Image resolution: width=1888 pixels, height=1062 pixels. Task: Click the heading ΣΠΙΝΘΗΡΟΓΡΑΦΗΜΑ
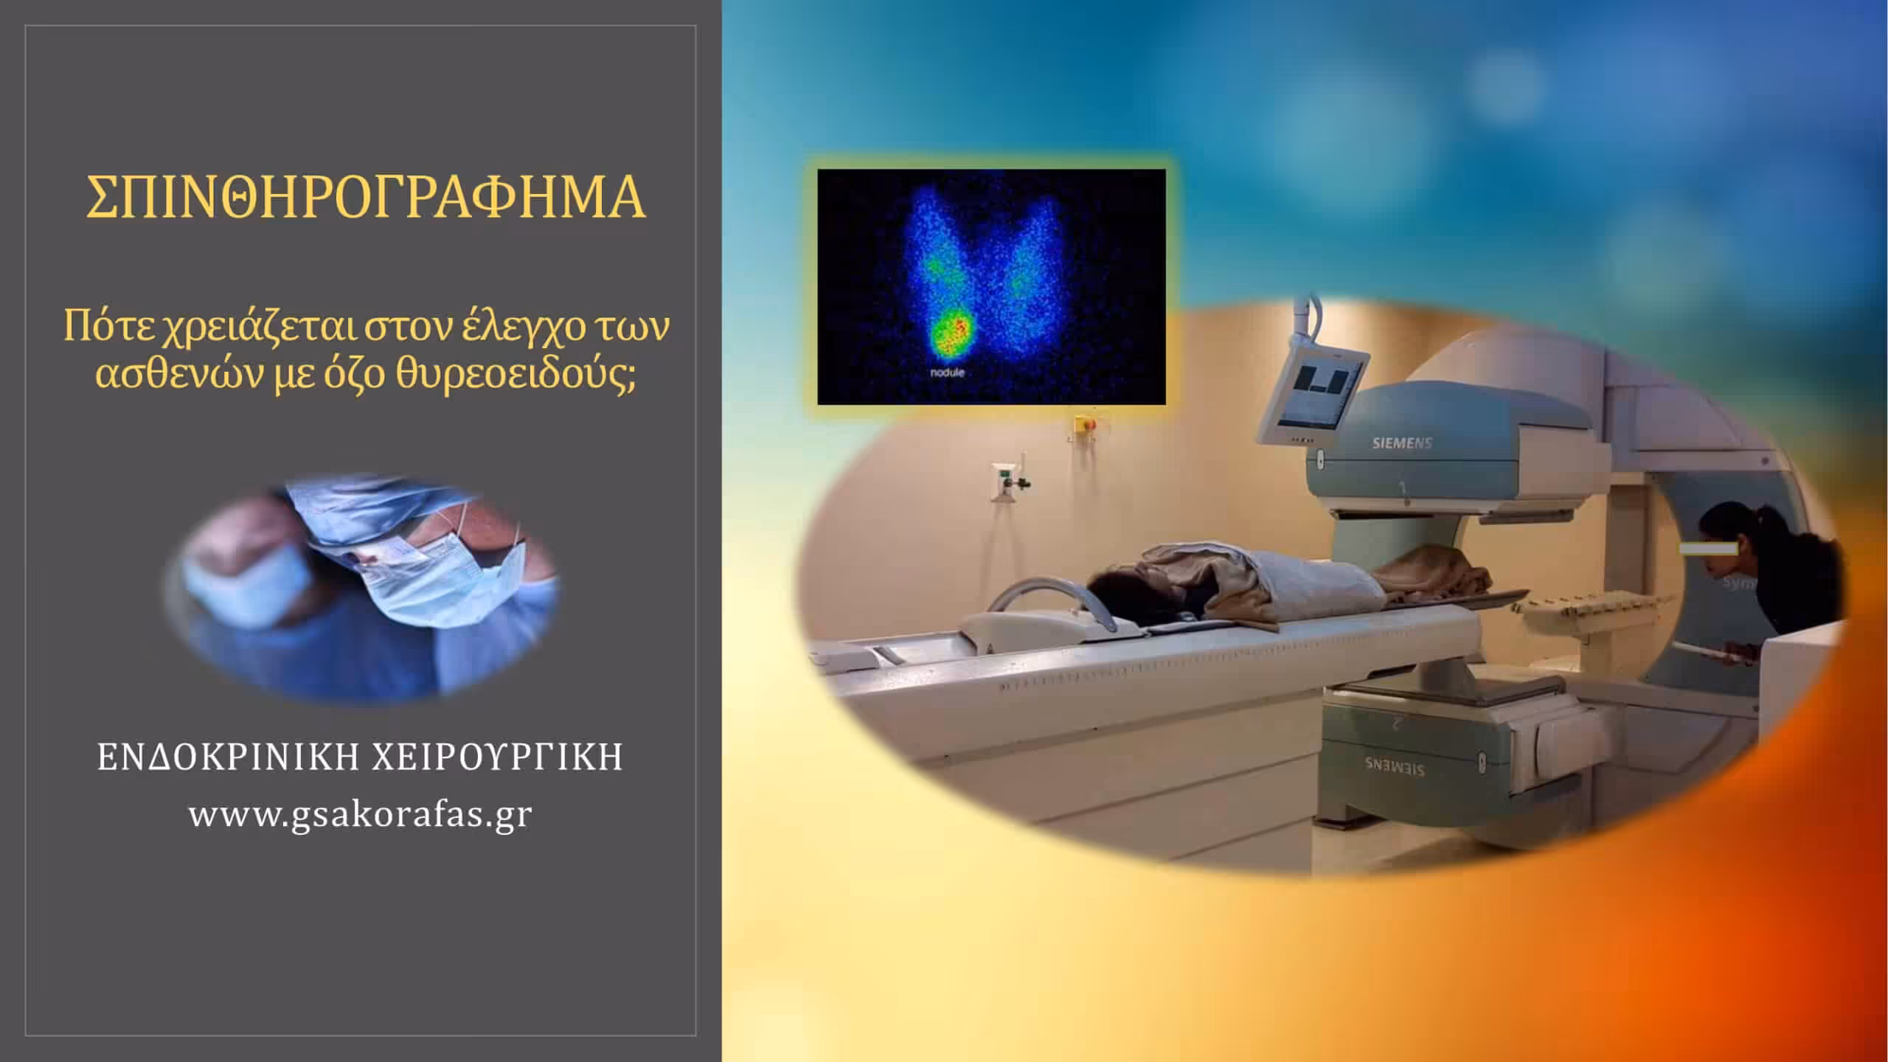366,198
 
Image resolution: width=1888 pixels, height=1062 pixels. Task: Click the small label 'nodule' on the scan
946,373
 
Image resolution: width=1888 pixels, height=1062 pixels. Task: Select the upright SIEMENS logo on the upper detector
1401,443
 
